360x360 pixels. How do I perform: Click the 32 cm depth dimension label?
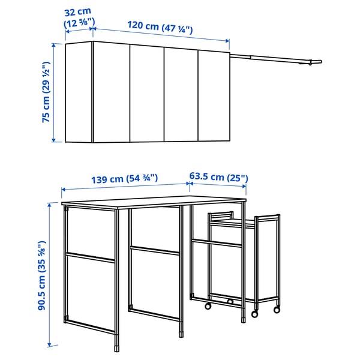click(x=79, y=16)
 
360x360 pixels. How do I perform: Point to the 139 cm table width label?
click(x=125, y=178)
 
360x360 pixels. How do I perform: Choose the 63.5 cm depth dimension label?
click(x=218, y=178)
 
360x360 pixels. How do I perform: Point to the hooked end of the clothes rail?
click(x=318, y=62)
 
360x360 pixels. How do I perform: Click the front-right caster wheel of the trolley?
click(x=277, y=310)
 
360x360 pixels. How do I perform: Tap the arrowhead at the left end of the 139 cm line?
click(x=64, y=190)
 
